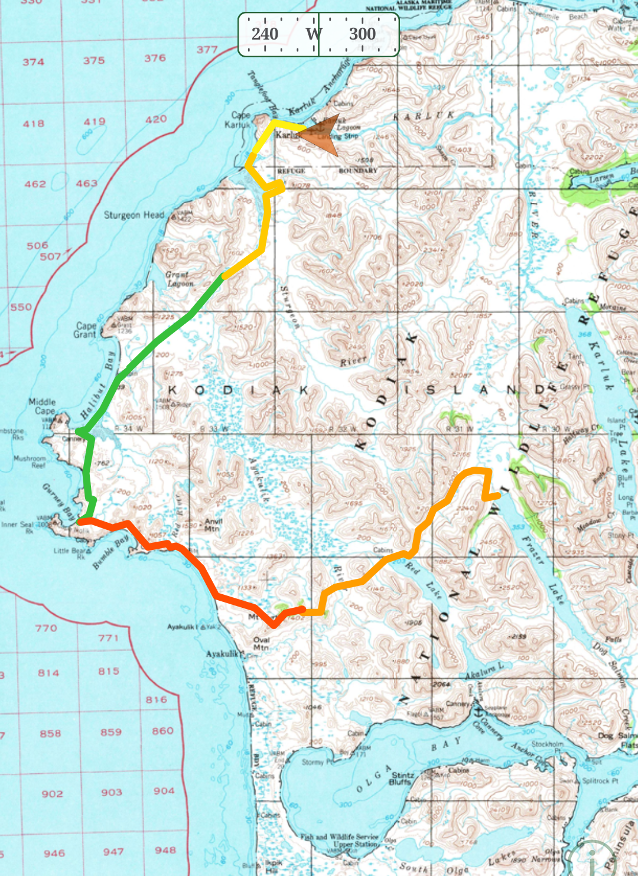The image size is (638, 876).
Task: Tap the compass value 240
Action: coord(265,34)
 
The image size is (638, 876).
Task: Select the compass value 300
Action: coord(362,34)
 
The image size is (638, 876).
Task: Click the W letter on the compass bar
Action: coord(314,34)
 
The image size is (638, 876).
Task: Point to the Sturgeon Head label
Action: coord(134,215)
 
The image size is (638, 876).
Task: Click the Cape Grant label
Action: coord(85,330)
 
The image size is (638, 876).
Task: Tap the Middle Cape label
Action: coord(43,406)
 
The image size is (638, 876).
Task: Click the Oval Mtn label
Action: coord(261,643)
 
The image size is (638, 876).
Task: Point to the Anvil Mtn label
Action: coord(213,525)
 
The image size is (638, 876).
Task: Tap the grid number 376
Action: coord(155,58)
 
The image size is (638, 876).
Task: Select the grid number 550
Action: coord(21,307)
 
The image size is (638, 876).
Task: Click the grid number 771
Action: coord(108,638)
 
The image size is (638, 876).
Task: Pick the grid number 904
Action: coord(164,791)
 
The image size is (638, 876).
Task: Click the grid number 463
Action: coord(86,184)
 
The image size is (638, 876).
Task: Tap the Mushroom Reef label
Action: coord(30,461)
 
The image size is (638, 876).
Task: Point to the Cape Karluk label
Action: coord(239,120)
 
